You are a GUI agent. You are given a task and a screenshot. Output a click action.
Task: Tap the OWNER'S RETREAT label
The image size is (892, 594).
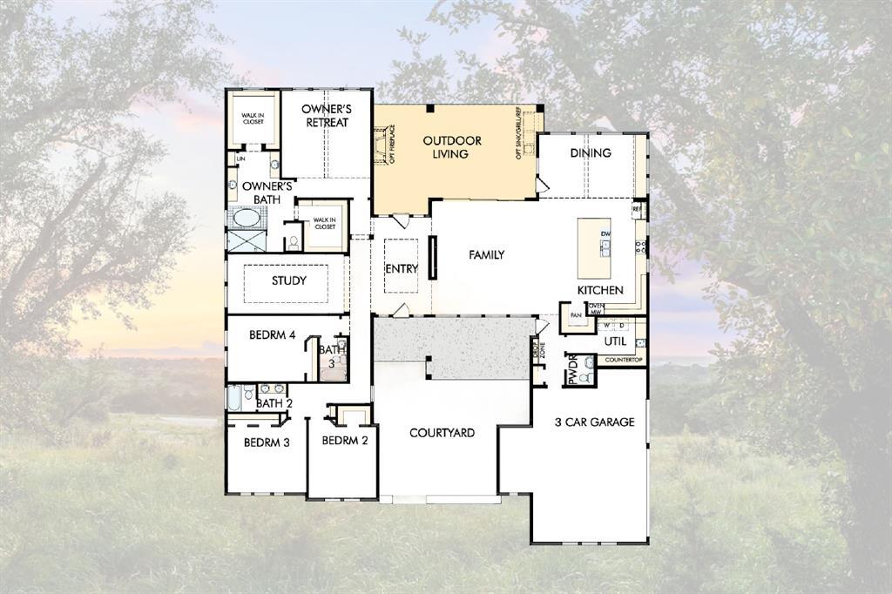click(x=326, y=116)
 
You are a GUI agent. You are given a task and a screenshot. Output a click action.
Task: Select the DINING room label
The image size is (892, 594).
click(x=591, y=153)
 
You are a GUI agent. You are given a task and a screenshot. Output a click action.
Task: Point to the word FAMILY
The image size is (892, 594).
click(x=486, y=255)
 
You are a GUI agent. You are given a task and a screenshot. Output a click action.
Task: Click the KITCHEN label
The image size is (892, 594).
click(x=600, y=289)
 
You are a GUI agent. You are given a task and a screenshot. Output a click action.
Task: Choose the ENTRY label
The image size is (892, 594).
click(x=402, y=269)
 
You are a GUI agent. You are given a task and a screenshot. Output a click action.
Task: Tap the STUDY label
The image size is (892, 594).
click(x=288, y=281)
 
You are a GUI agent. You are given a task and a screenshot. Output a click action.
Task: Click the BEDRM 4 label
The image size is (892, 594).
click(x=273, y=334)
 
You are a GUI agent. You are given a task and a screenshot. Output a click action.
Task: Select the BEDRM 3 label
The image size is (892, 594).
click(x=267, y=442)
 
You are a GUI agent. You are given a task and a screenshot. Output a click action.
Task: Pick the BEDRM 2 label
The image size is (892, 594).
click(x=345, y=441)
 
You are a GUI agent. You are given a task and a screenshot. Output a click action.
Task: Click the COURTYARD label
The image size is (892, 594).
click(x=442, y=433)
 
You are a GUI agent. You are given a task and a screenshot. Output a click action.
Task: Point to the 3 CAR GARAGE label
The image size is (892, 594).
click(x=594, y=422)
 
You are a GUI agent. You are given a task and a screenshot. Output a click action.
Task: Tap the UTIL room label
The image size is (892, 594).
click(x=615, y=341)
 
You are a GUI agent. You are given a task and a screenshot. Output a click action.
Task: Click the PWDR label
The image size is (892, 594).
click(x=573, y=368)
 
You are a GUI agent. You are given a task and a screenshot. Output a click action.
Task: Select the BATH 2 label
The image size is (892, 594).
click(x=274, y=403)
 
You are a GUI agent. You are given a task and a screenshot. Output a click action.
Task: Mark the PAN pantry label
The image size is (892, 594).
click(x=575, y=315)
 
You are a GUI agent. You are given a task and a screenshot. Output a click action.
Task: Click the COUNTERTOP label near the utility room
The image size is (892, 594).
click(x=623, y=360)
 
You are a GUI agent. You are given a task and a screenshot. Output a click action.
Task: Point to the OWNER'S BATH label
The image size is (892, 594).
click(x=267, y=192)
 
